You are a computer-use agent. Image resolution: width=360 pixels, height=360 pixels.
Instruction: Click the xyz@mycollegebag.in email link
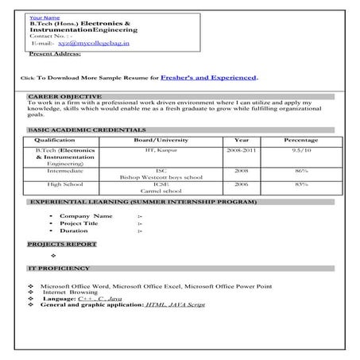tap(82, 45)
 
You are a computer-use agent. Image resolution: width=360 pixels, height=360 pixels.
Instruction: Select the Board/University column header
tap(161, 141)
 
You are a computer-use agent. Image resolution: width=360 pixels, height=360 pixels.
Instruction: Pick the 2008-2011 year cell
tap(241, 149)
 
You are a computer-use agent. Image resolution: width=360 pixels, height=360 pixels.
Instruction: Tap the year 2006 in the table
tap(241, 184)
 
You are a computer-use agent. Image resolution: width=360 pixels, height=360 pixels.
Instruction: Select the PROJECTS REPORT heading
tap(62, 243)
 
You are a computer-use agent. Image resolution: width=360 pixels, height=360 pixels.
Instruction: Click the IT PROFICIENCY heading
tap(59, 269)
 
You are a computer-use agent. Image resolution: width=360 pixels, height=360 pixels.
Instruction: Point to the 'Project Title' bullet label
tap(90, 223)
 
